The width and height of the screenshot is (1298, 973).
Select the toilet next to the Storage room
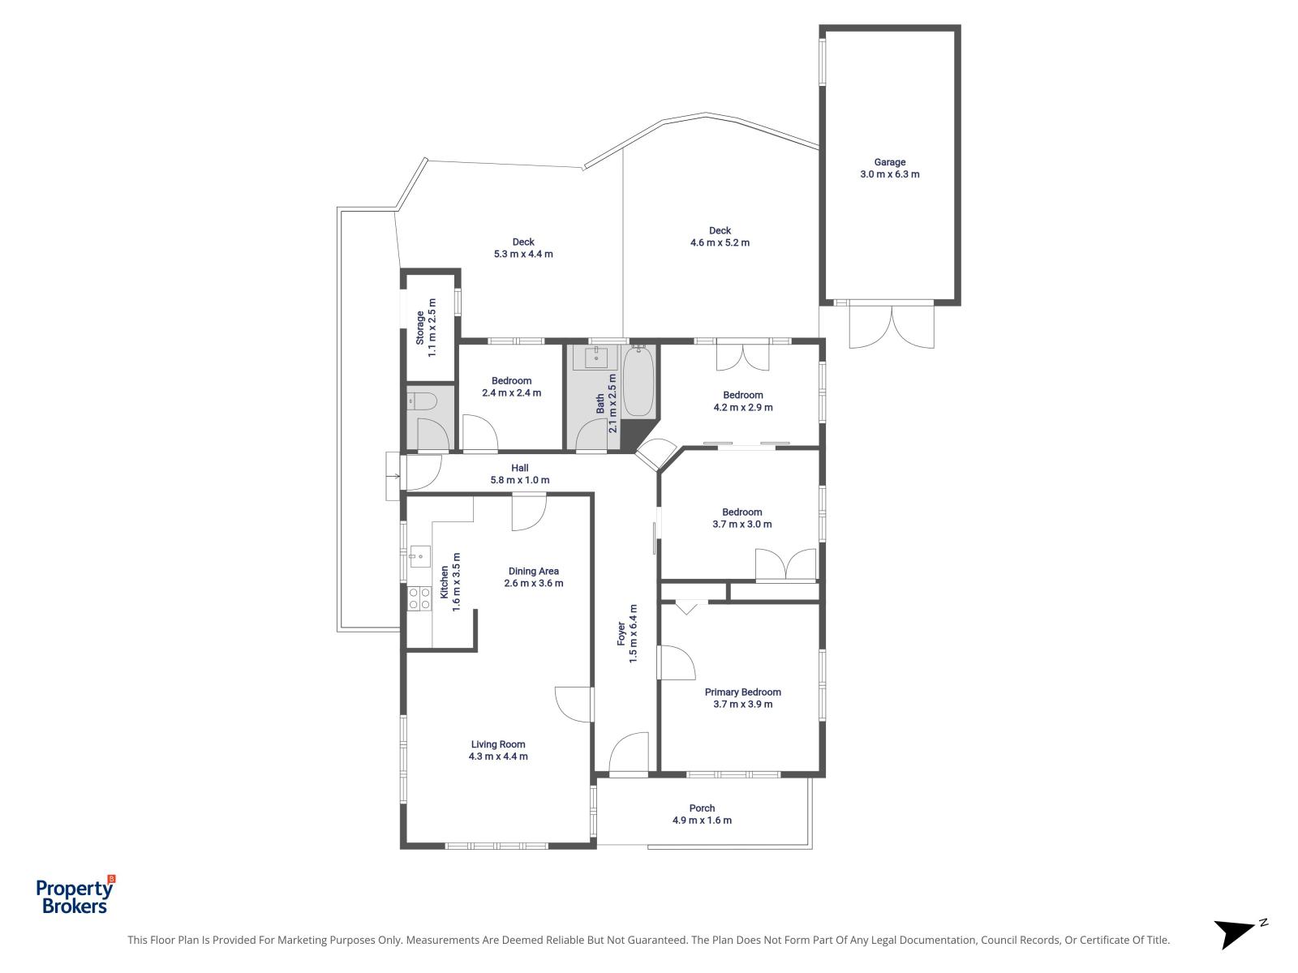(x=423, y=400)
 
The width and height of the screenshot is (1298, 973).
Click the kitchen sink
(x=419, y=555)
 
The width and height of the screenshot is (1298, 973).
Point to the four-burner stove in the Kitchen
(x=419, y=598)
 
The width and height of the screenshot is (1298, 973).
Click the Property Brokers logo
(x=75, y=895)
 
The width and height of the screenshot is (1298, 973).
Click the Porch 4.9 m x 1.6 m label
(x=702, y=814)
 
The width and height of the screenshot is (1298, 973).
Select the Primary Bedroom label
(x=742, y=692)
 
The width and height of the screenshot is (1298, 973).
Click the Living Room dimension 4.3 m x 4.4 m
(x=498, y=757)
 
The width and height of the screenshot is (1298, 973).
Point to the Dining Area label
(x=533, y=571)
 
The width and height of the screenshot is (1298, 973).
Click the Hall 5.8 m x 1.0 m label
(x=519, y=474)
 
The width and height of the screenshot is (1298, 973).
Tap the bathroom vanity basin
(x=595, y=356)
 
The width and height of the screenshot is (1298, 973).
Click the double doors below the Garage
(x=891, y=326)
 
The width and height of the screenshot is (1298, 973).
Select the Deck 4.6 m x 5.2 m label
(x=720, y=236)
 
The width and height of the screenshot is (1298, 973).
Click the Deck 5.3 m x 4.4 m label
(x=523, y=247)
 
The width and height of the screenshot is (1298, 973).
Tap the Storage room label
(x=426, y=328)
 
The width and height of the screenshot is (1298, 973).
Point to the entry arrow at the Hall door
(x=395, y=475)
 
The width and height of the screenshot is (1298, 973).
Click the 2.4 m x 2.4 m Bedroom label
(x=511, y=387)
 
